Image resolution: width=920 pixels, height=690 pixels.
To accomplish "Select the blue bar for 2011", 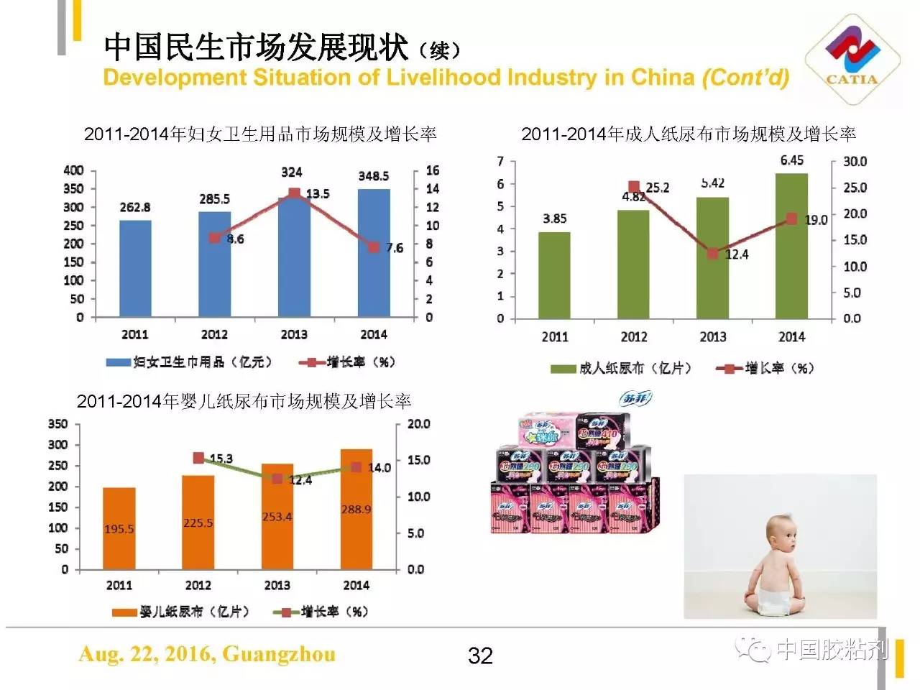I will coord(135,268).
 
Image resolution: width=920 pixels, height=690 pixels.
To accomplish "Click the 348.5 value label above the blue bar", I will coord(374,176).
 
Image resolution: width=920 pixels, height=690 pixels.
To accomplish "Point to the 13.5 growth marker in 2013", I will coord(294,193).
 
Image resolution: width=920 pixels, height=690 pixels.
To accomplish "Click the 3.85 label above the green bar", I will coord(554,218).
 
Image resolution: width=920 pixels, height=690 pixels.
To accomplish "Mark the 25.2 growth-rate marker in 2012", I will coord(634,187).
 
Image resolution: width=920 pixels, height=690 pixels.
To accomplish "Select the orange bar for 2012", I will coord(198,522).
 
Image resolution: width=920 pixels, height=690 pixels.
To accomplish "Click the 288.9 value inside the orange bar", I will coord(356,510).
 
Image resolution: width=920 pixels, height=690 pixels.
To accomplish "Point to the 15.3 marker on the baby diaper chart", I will coord(198,458).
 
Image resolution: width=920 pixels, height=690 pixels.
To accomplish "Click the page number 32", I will coord(480,655).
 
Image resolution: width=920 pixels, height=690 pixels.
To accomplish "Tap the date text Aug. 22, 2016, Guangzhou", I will coord(207,654).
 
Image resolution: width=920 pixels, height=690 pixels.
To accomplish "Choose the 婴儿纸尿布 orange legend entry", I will coord(180,612).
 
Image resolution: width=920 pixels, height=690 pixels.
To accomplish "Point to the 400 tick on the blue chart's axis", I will coord(73,170).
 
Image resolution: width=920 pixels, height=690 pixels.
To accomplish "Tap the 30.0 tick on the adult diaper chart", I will coord(855,161).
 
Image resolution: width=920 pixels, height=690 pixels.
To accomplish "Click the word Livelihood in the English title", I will coord(438,78).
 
